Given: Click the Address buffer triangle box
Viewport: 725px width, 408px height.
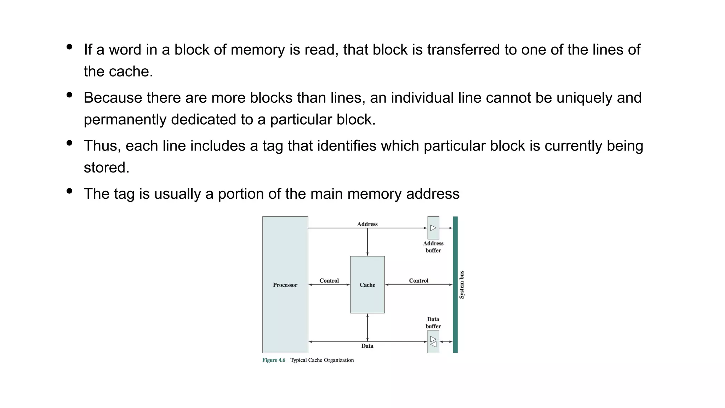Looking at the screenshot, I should tap(433, 228).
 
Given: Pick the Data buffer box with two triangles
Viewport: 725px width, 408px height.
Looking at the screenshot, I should tap(433, 341).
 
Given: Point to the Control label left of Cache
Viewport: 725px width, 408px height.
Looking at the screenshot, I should tap(329, 280).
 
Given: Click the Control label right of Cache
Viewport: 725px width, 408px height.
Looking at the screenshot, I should tap(418, 280).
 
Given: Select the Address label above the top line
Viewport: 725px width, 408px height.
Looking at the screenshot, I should tap(367, 224).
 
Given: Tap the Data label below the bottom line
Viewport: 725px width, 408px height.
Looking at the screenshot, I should tap(367, 346).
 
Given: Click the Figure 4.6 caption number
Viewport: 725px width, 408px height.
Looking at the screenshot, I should tap(274, 360).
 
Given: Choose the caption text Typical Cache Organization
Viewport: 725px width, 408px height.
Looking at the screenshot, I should tap(322, 360).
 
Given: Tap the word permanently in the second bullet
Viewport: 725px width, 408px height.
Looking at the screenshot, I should tap(125, 120).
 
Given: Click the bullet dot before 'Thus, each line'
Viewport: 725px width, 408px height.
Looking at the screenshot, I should tap(69, 143).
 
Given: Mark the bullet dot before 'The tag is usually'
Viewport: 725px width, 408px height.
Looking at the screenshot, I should tap(69, 191).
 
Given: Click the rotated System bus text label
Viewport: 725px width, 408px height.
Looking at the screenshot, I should tap(462, 284).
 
